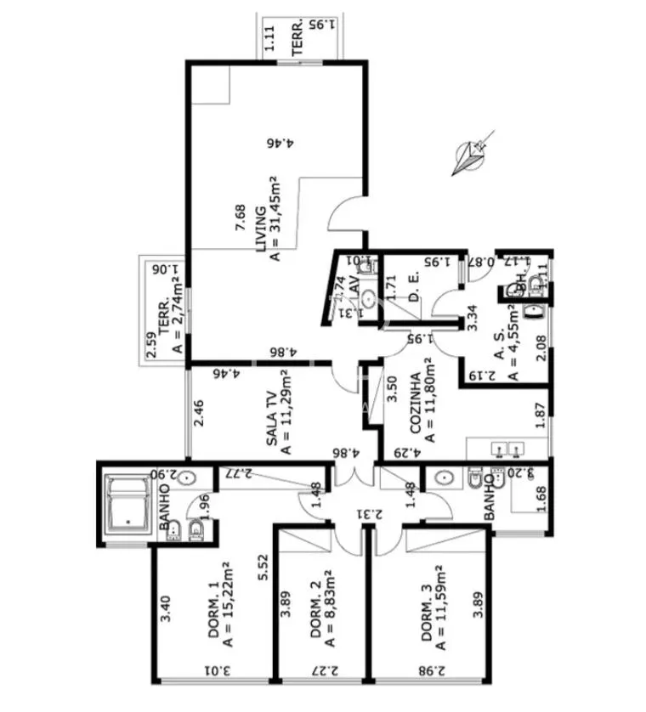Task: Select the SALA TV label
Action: coord(271,419)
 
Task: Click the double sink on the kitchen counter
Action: coord(508,448)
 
